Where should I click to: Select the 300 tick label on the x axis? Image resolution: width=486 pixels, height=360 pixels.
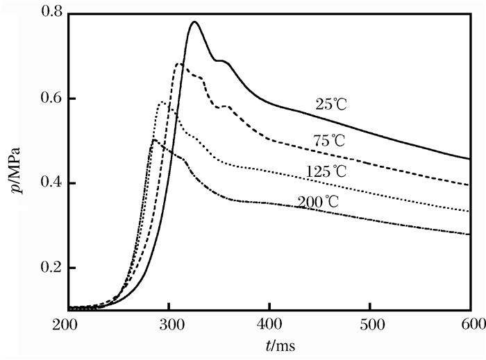[169, 324]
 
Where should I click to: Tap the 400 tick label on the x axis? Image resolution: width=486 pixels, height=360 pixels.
[269, 324]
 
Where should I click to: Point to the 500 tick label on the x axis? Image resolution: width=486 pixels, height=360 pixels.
[370, 324]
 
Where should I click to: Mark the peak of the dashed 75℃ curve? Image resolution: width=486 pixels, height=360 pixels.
[179, 64]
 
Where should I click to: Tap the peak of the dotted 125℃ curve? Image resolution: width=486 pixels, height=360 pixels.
[162, 102]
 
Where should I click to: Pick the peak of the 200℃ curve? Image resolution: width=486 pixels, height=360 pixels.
[153, 140]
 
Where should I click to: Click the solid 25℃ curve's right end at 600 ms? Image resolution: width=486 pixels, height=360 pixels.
[470, 159]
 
